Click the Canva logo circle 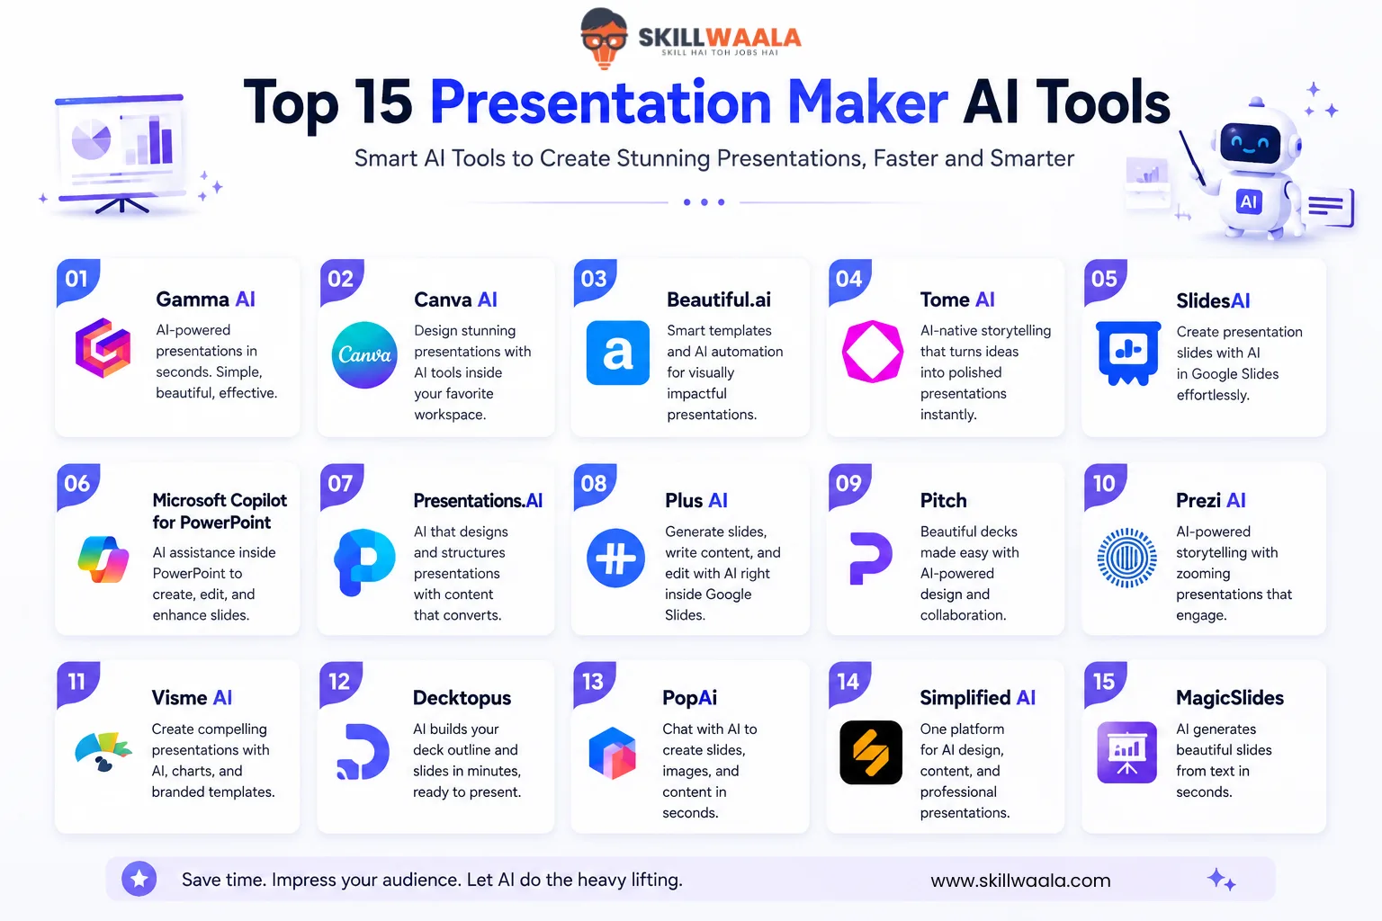click(364, 354)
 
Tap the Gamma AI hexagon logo click(103, 348)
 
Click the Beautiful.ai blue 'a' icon click(617, 353)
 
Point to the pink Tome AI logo click(873, 352)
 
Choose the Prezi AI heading click(1210, 500)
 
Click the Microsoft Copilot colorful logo click(103, 559)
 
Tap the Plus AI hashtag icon click(615, 558)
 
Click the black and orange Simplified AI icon click(871, 752)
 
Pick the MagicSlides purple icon click(1126, 752)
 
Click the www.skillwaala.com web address click(1020, 881)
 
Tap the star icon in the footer click(139, 879)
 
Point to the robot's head click(1253, 140)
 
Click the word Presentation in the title click(600, 103)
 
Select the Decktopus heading click(462, 698)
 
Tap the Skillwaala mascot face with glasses click(604, 37)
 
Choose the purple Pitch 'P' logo click(871, 558)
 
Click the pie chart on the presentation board click(91, 139)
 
